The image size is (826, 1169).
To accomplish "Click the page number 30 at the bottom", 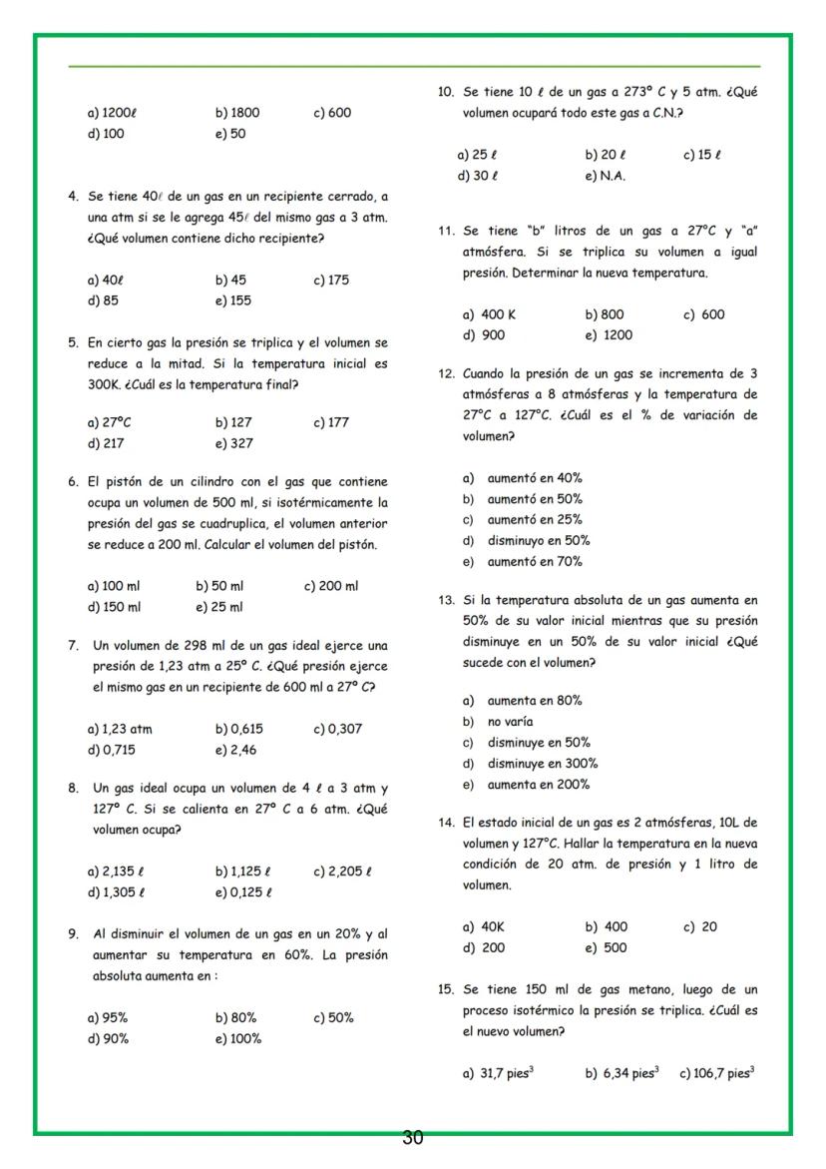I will pos(413,1138).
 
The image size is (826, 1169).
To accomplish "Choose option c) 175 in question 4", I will pos(331,281).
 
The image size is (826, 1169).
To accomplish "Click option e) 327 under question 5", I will pos(233,443).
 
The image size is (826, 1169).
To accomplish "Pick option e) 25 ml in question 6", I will pos(219,607).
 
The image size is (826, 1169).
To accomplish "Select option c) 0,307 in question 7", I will pos(337,729).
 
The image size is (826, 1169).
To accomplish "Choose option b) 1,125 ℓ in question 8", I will pos(243,871).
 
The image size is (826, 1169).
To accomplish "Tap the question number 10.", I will pos(446,92).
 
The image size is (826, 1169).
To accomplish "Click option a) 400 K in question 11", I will pos(489,314).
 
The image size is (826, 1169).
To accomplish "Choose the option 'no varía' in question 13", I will pos(510,722).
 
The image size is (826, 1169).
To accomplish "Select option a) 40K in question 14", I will pos(484,926).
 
